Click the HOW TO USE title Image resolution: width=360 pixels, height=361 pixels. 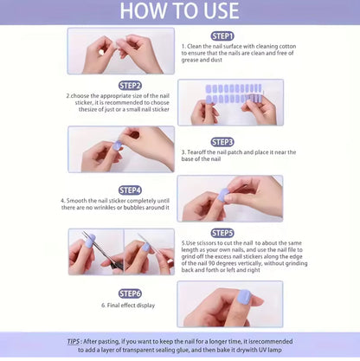tap(179, 11)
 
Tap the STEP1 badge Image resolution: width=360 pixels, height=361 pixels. tap(222, 36)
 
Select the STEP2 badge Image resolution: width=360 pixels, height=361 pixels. tap(130, 86)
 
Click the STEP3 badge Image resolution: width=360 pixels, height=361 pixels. tap(222, 141)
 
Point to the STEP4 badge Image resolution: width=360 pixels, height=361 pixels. tap(130, 190)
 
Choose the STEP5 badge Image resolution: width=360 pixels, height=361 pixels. tap(222, 233)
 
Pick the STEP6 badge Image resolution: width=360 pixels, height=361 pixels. tap(130, 293)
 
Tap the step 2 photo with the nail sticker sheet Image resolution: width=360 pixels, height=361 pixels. tap(230, 102)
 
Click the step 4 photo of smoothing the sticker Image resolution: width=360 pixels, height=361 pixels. tap(230, 198)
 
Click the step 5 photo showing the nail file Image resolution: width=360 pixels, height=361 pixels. tap(148, 251)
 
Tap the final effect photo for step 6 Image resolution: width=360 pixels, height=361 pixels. tap(230, 303)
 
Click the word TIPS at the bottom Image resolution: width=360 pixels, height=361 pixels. tap(76, 341)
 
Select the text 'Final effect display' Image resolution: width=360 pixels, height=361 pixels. tap(131, 306)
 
